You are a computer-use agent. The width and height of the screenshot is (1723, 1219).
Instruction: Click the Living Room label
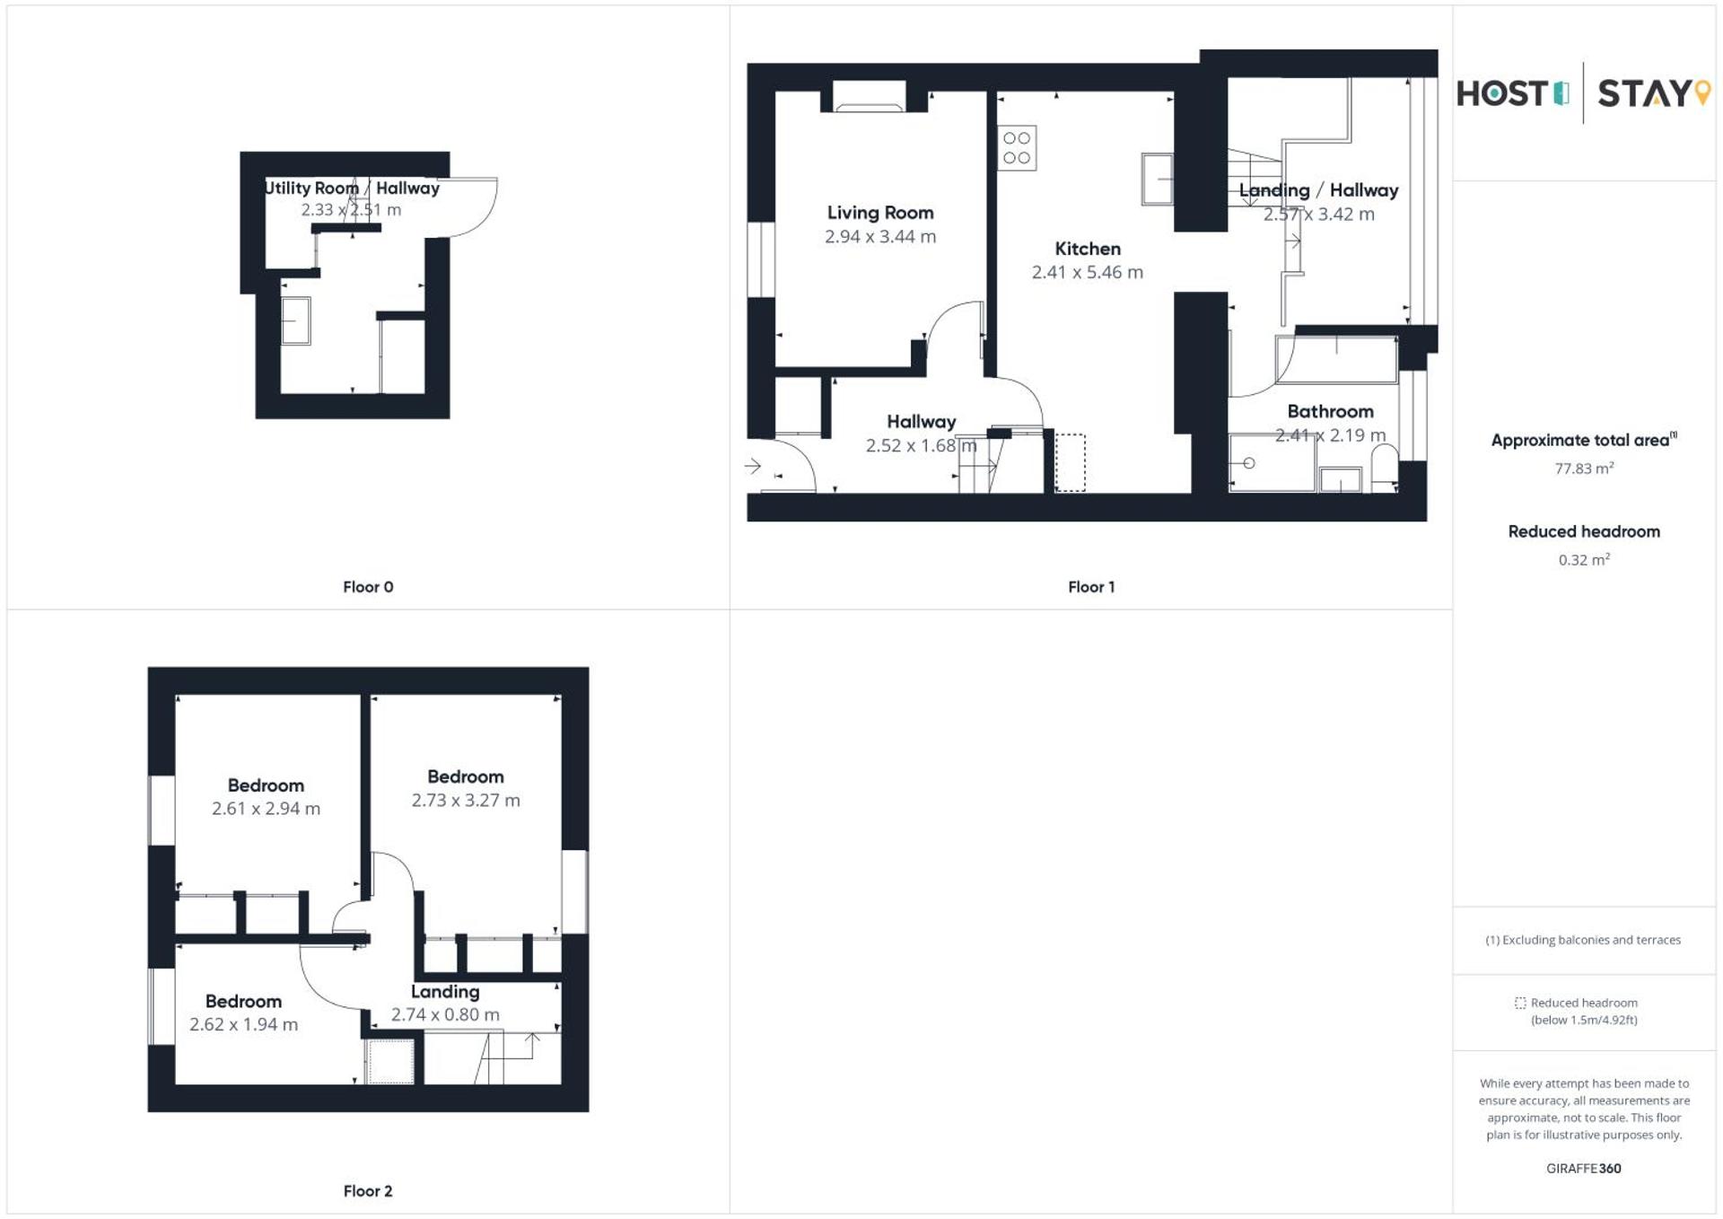click(879, 213)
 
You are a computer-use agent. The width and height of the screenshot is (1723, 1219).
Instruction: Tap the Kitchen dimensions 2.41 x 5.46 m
click(1087, 272)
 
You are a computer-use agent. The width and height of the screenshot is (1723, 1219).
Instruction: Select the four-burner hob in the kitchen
click(1017, 148)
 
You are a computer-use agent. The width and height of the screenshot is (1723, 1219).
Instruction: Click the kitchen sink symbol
click(1157, 179)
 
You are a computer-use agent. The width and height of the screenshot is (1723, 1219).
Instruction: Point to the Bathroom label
click(1330, 411)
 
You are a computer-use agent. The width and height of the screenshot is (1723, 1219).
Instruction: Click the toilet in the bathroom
click(1384, 467)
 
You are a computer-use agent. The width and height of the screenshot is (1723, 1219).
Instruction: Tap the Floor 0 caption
click(368, 587)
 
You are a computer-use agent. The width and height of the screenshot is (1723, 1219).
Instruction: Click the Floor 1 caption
click(1090, 587)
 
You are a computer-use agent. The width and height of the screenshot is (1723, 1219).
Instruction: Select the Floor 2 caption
click(368, 1191)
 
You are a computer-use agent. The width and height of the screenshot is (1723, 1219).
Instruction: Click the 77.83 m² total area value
click(1584, 469)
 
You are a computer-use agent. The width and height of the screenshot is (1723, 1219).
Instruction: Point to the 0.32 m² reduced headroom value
click(1584, 560)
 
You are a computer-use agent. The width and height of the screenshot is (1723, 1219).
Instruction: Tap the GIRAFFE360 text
click(1584, 1168)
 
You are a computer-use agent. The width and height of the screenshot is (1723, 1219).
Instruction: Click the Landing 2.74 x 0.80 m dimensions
click(445, 1014)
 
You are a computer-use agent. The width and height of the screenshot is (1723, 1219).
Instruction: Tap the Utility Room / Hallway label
click(352, 188)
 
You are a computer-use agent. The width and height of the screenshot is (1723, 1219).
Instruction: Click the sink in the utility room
click(295, 320)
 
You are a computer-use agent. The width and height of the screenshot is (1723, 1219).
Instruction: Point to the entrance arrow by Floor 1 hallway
click(753, 466)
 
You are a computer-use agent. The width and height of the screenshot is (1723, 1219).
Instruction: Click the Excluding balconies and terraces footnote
click(1583, 940)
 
